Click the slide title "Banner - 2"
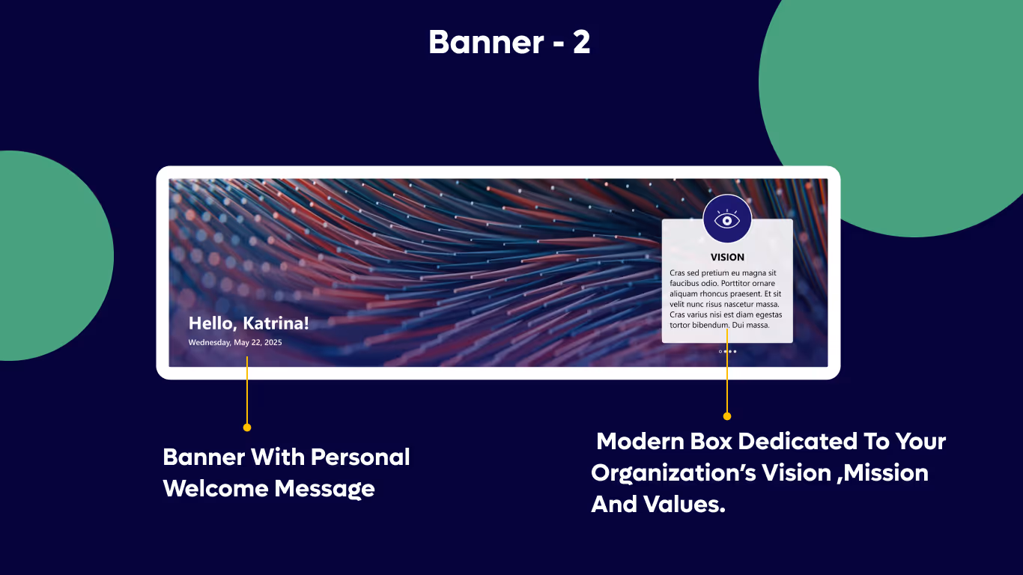point(509,43)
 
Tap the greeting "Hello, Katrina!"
point(248,323)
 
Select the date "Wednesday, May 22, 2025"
point(235,342)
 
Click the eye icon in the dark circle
point(727,219)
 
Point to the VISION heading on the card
point(727,257)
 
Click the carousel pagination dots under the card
point(727,351)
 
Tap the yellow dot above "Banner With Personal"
point(247,427)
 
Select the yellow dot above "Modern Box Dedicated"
point(727,416)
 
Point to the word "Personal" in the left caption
point(360,457)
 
